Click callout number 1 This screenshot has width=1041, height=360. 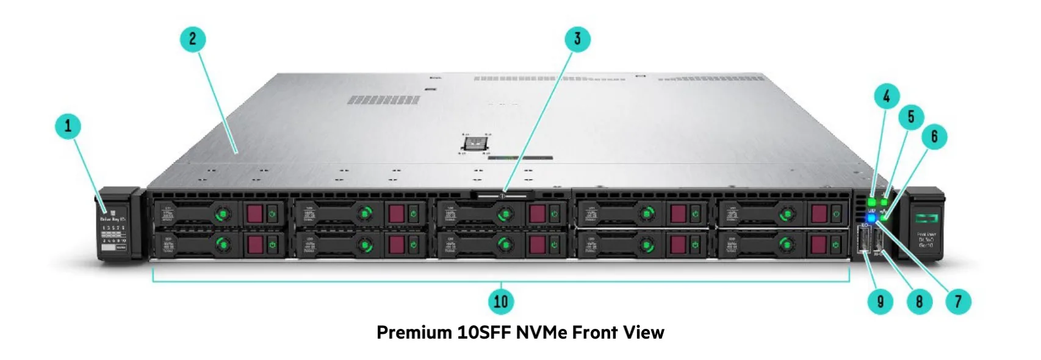[68, 126]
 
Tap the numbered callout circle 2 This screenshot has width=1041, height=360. [193, 39]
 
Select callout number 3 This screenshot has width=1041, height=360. [577, 39]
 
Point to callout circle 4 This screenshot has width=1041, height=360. [887, 96]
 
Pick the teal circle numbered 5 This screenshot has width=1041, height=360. [911, 117]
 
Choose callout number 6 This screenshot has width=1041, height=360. [934, 136]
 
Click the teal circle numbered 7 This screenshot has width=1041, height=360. [958, 301]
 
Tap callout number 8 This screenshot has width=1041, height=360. [919, 301]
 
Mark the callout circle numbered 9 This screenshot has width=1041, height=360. [880, 301]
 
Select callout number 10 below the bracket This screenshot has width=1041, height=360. [500, 301]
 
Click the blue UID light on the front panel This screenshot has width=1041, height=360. [871, 218]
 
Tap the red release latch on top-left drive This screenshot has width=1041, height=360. [254, 214]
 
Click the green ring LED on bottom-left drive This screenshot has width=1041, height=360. [223, 245]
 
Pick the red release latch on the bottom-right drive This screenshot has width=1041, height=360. [818, 245]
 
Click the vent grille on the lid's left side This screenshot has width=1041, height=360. [383, 99]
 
